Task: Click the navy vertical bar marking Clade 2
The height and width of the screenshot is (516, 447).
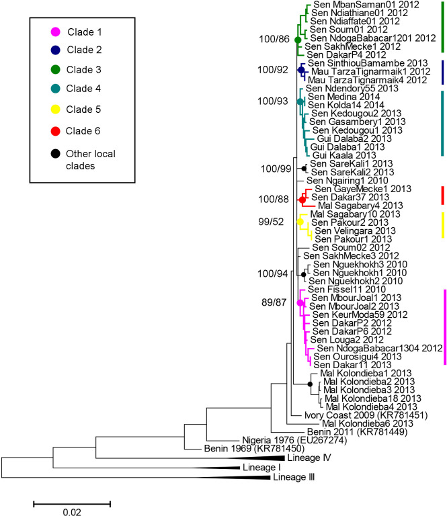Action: click(x=443, y=73)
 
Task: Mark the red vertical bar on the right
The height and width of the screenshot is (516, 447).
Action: click(x=443, y=196)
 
